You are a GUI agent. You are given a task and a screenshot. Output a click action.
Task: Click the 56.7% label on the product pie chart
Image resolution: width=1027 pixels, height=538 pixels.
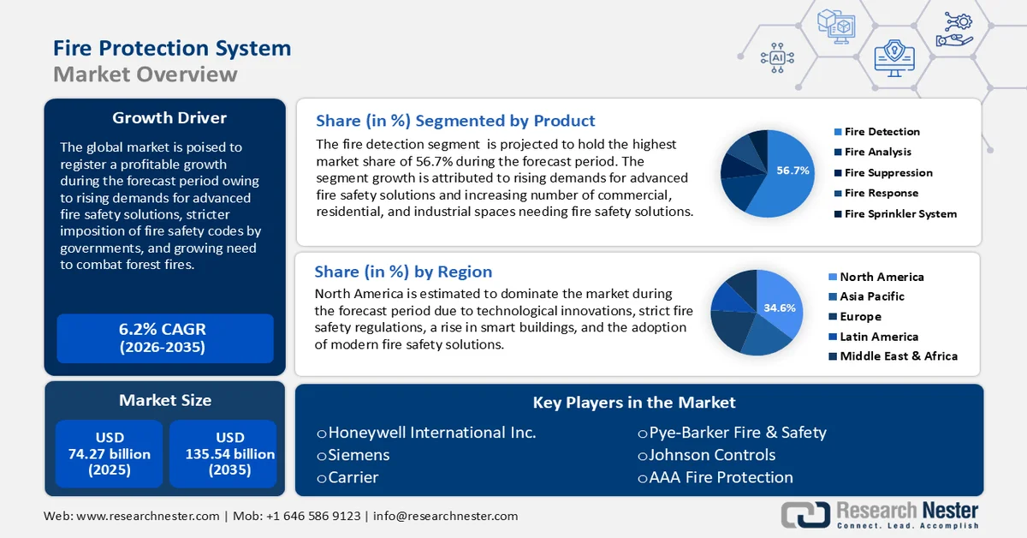pos(793,170)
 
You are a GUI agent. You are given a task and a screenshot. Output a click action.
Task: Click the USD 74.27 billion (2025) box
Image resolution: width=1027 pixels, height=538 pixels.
pos(110,454)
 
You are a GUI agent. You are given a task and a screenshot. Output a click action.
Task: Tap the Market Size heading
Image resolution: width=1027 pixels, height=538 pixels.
pos(165,400)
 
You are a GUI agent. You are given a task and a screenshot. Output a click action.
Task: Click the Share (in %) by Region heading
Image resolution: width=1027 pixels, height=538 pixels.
pos(403,272)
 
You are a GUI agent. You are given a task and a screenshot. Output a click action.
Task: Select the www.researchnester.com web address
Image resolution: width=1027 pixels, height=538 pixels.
pos(147,517)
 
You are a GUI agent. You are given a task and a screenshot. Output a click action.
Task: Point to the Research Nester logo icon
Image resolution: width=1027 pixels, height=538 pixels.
pos(804,515)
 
